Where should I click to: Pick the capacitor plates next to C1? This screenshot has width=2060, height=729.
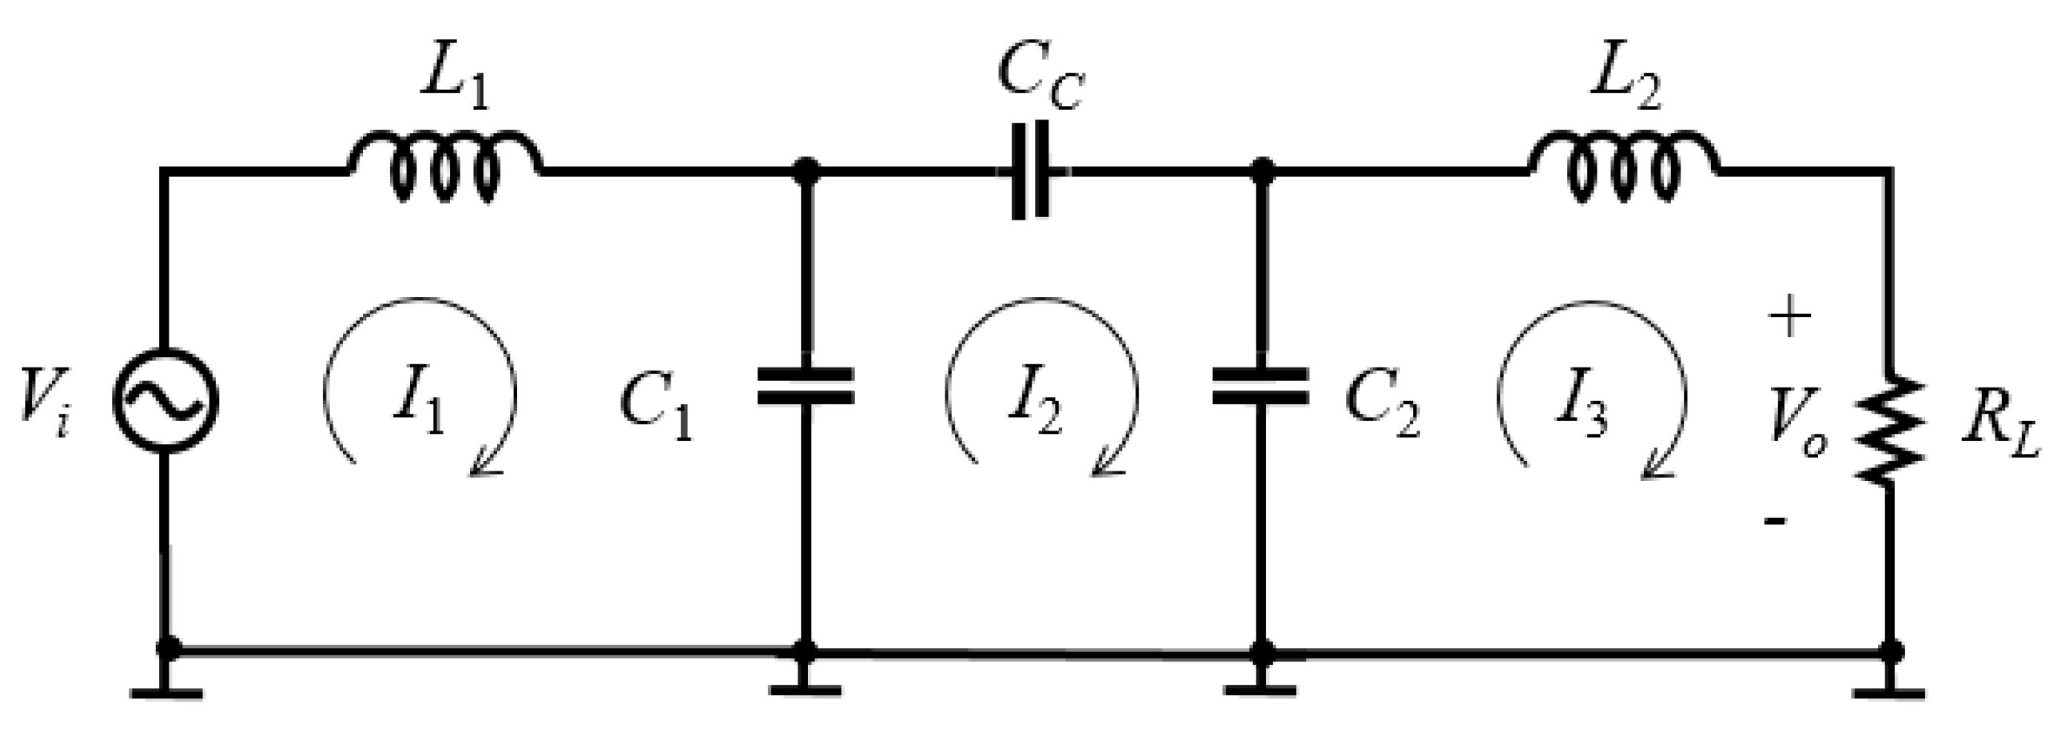pos(806,385)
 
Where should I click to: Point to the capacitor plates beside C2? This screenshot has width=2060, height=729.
pos(1261,385)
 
